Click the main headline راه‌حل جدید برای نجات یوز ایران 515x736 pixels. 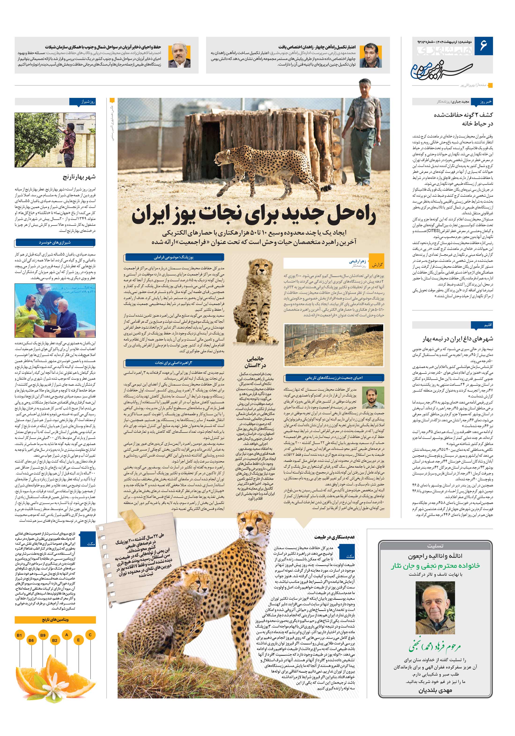(x=254, y=216)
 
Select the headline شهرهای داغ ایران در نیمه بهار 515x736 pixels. (x=458, y=339)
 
